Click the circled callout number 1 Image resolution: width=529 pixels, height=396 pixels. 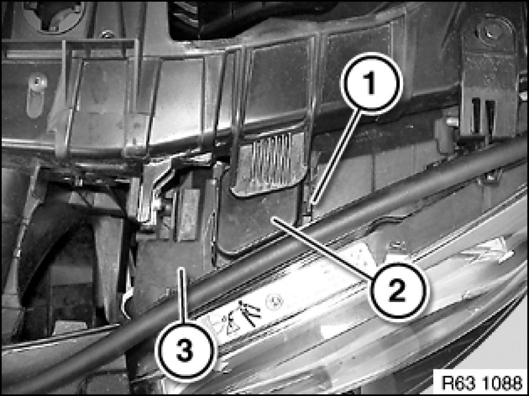[371, 83]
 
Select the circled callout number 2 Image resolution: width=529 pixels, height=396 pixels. [397, 290]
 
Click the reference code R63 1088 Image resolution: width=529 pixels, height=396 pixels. [481, 383]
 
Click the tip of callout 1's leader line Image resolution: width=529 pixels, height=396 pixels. [313, 204]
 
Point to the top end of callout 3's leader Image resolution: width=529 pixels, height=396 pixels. [181, 269]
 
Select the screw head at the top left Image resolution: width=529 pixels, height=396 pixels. [107, 34]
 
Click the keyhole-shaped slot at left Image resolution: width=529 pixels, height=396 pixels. [36, 95]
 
